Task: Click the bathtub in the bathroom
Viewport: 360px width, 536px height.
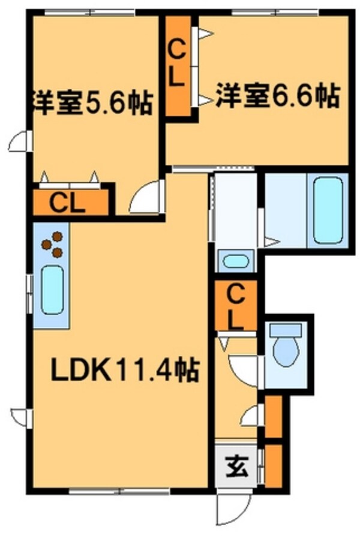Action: [x=328, y=210]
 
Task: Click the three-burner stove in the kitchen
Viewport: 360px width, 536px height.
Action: [x=52, y=244]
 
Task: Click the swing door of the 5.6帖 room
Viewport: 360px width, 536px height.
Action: [x=145, y=198]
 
